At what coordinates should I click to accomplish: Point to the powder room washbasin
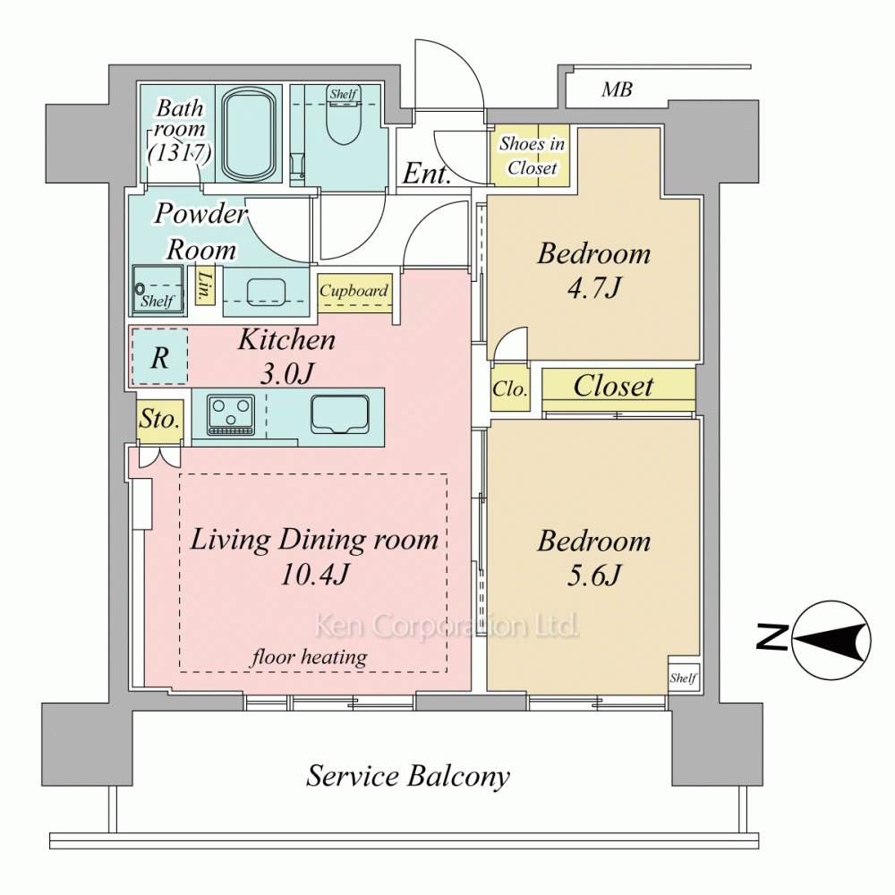[266, 293]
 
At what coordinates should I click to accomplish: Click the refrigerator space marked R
[160, 358]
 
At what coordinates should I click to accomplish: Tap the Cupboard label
[354, 291]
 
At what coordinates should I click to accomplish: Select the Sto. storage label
[160, 420]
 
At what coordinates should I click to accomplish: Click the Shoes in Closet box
[532, 155]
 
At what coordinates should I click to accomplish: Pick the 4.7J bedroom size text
[593, 287]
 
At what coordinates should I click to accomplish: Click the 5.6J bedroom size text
[593, 575]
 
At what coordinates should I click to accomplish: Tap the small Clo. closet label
[510, 389]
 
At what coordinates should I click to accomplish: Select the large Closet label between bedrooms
[613, 386]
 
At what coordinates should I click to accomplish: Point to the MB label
[617, 89]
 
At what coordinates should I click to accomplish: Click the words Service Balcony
[407, 777]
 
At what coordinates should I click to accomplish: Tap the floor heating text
[309, 657]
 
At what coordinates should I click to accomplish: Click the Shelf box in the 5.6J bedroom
[683, 677]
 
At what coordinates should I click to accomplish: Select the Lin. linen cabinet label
[204, 286]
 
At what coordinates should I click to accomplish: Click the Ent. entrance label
[426, 173]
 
